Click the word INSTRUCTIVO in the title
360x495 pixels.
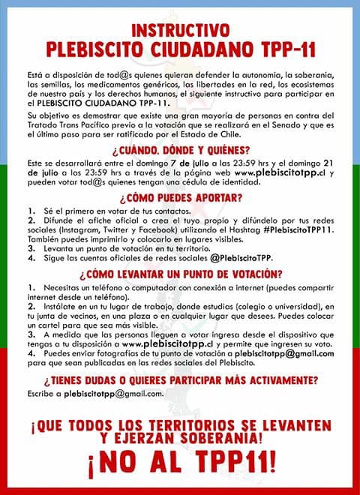[x=180, y=31]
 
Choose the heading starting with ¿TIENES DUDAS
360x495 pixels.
[x=180, y=379]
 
